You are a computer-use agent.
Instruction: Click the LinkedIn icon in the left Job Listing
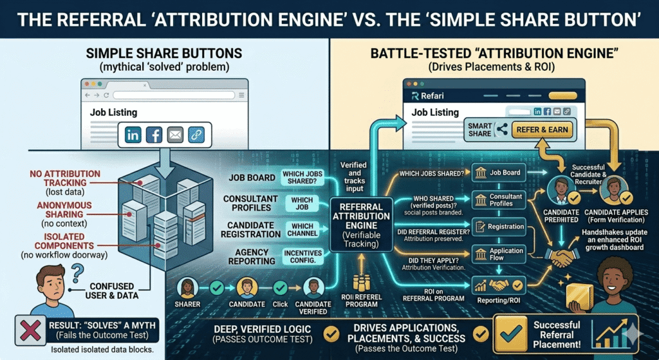(x=134, y=135)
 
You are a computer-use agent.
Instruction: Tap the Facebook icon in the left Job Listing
(x=154, y=135)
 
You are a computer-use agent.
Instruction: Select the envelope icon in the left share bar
(x=174, y=135)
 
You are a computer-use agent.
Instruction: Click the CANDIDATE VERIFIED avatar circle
(x=313, y=287)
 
